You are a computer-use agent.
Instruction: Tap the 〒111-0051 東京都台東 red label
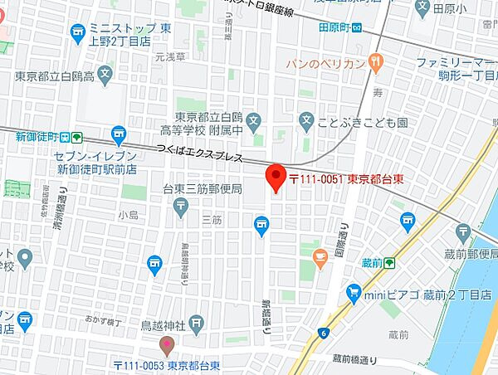tap(340, 177)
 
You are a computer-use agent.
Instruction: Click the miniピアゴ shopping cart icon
tap(354, 293)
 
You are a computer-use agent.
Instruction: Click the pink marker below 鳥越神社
tap(167, 344)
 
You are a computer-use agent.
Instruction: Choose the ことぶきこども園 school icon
tap(307, 121)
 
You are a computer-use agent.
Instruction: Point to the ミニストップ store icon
tap(78, 32)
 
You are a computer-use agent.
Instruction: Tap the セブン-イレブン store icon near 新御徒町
tap(119, 133)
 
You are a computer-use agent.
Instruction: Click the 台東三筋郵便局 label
tap(203, 189)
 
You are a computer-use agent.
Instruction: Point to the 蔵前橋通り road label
tap(354, 358)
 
